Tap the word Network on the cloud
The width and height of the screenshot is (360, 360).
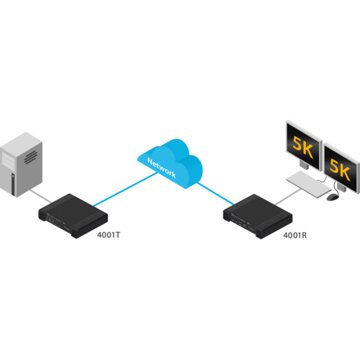[x=160, y=167]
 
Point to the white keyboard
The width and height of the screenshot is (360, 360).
[x=307, y=182]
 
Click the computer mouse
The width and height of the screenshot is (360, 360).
[x=331, y=197]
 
